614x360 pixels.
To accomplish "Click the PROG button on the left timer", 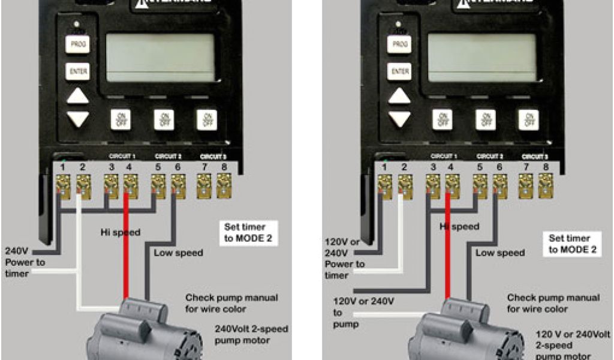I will [x=77, y=44].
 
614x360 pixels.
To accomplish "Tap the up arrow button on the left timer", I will [x=77, y=96].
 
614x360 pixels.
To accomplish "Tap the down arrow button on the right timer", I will [x=399, y=118].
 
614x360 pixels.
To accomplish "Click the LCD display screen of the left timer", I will [x=160, y=57].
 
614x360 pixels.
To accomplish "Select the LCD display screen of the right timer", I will [x=481, y=57].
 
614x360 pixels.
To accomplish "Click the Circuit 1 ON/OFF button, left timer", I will [x=121, y=119].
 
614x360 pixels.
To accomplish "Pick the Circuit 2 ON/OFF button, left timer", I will [x=164, y=119].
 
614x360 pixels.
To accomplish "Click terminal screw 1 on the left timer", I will [x=63, y=186].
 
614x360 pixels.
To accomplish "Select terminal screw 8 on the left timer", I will [x=224, y=186].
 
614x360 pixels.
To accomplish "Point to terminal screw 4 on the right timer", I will [x=452, y=186].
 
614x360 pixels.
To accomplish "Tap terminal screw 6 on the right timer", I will [x=499, y=186].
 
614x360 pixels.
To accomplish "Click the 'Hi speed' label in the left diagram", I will [x=120, y=232].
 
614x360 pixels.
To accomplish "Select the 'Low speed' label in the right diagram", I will [x=500, y=253].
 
